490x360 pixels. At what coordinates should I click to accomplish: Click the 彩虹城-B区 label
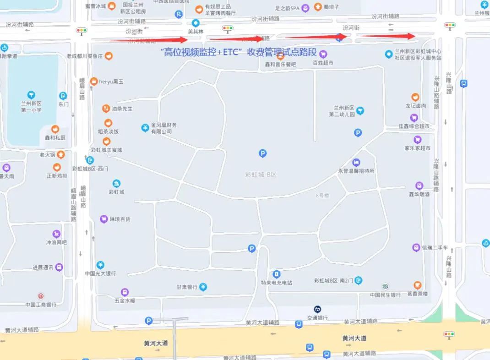pos(261,174)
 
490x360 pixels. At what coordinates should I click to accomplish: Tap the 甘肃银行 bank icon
pos(203,287)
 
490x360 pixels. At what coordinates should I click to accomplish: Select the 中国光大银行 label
pos(100,273)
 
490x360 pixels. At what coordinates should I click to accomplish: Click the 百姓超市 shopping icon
pos(323,54)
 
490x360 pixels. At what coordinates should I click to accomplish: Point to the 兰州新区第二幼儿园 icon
pos(360,110)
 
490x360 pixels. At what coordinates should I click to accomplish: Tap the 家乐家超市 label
pos(417,148)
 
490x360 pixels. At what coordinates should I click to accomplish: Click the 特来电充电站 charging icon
pos(276,274)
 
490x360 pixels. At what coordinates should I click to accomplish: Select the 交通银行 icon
pos(317,309)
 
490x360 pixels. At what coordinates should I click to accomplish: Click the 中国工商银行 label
pos(41,305)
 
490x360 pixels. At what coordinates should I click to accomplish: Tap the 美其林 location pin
pos(196,23)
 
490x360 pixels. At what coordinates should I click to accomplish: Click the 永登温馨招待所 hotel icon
pos(356,163)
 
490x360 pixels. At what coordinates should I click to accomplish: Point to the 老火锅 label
pos(47,155)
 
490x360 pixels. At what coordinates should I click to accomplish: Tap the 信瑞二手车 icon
pos(416,247)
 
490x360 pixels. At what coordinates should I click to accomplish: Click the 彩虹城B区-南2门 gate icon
pos(359,280)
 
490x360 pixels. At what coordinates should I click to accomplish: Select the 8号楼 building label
pos(322,196)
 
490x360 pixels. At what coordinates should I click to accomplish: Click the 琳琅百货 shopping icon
pos(104,219)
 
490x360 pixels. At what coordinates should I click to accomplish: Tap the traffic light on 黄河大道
pos(450,335)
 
